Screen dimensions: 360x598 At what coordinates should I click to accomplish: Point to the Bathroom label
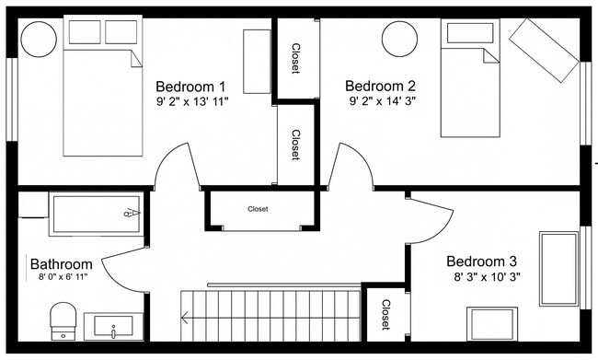[x=62, y=263]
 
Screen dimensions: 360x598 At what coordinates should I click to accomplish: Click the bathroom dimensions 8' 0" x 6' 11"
[x=63, y=276]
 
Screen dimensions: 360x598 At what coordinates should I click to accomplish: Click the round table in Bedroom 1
[x=39, y=40]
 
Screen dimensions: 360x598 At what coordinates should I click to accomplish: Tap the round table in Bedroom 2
[x=401, y=40]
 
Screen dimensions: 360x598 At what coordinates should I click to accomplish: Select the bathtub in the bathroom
[x=96, y=214]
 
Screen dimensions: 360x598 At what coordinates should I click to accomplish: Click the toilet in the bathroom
[x=63, y=319]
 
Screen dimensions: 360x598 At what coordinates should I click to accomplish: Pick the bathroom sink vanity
[x=113, y=326]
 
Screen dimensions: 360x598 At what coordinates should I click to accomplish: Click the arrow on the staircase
[x=188, y=319]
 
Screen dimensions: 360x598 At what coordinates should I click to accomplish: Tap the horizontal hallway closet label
[x=259, y=209]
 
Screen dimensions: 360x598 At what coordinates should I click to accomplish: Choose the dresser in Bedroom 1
[x=257, y=61]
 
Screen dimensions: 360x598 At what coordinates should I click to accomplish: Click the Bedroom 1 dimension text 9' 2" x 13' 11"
[x=192, y=101]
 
